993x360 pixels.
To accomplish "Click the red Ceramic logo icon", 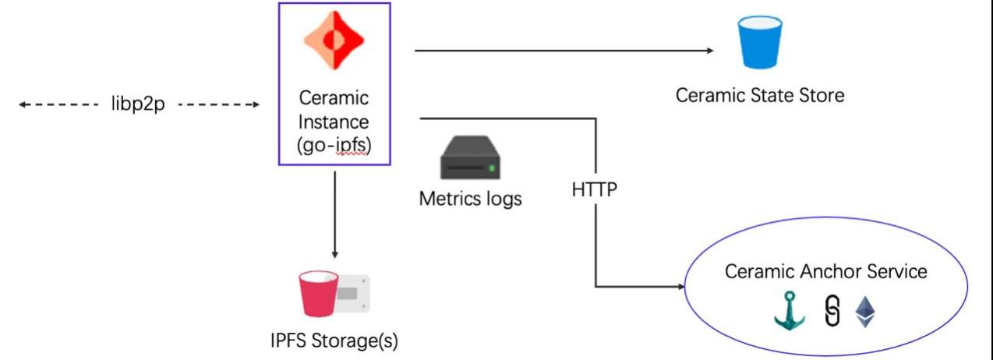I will click(x=334, y=41).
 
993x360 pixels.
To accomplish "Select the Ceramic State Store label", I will click(x=760, y=96).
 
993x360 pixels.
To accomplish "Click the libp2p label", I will click(x=138, y=104).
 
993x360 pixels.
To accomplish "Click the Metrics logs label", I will click(x=470, y=199).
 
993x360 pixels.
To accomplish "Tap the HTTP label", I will click(x=595, y=189).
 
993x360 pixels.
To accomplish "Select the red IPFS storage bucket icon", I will click(x=320, y=295).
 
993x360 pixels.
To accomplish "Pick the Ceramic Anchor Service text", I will click(x=826, y=271).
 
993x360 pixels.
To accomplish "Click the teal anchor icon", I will click(x=790, y=312).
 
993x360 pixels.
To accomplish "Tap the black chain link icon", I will click(x=832, y=312).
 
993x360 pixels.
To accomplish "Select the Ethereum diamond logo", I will click(x=865, y=312).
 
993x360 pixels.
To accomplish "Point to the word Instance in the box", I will click(x=334, y=122).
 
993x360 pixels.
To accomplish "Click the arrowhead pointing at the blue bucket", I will click(x=709, y=51).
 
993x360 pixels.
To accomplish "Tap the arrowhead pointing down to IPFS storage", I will click(x=334, y=254).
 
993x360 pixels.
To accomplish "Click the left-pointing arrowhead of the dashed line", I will click(x=23, y=104).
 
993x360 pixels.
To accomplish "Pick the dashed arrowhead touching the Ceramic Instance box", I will click(x=254, y=104).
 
